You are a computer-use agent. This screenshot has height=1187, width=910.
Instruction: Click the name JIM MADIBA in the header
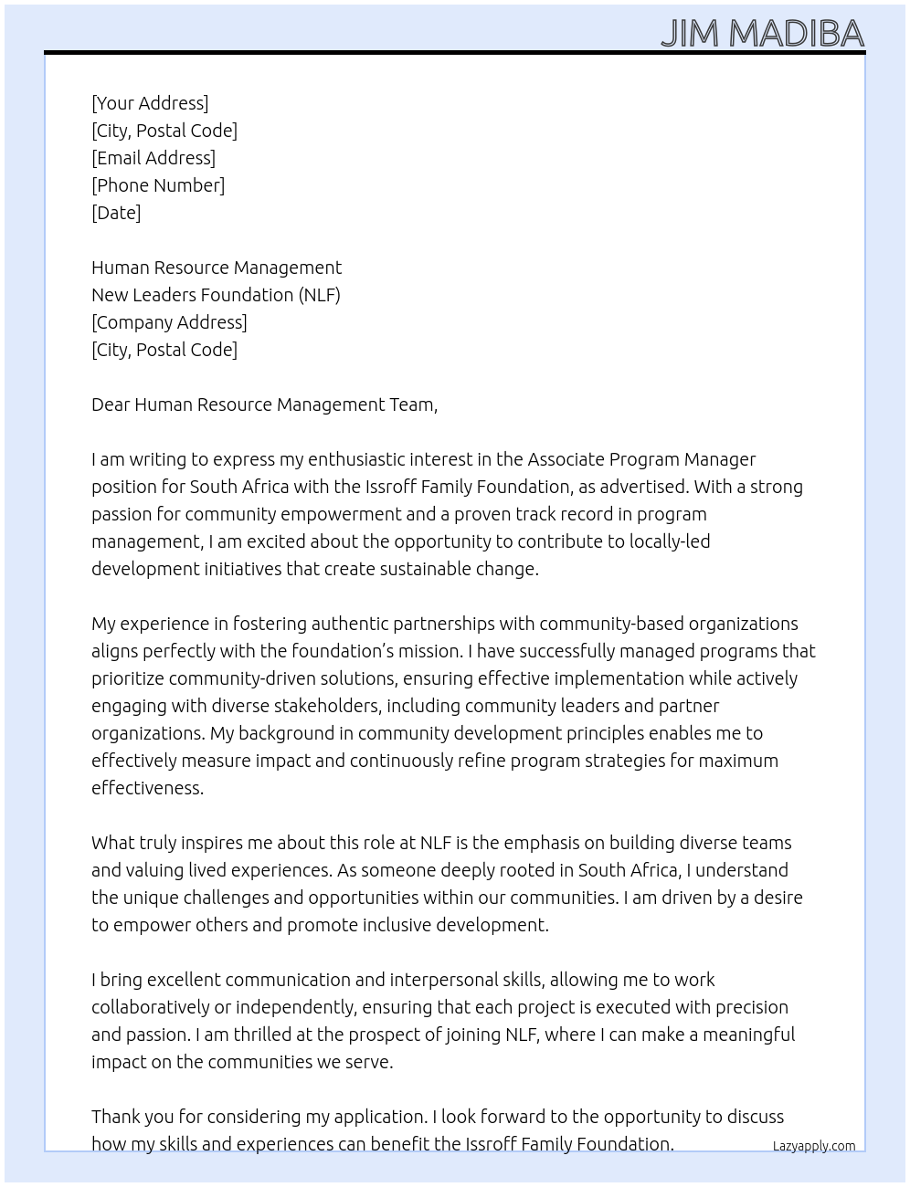[762, 34]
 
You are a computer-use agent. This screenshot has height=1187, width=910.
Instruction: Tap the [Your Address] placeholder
[150, 103]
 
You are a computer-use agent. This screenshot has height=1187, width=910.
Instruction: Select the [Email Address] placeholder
[153, 158]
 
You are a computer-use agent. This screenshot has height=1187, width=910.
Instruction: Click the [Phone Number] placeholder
[158, 185]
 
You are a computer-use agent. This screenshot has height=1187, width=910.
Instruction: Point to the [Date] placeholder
[116, 213]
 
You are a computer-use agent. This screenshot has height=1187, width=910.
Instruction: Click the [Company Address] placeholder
[169, 322]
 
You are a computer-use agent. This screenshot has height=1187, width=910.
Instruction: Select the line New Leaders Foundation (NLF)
[216, 295]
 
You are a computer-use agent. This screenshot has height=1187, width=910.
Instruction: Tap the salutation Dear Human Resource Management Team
[264, 404]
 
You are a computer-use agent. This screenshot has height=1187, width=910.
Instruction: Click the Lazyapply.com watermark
[814, 1146]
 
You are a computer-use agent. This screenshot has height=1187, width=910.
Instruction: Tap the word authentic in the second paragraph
[349, 624]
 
